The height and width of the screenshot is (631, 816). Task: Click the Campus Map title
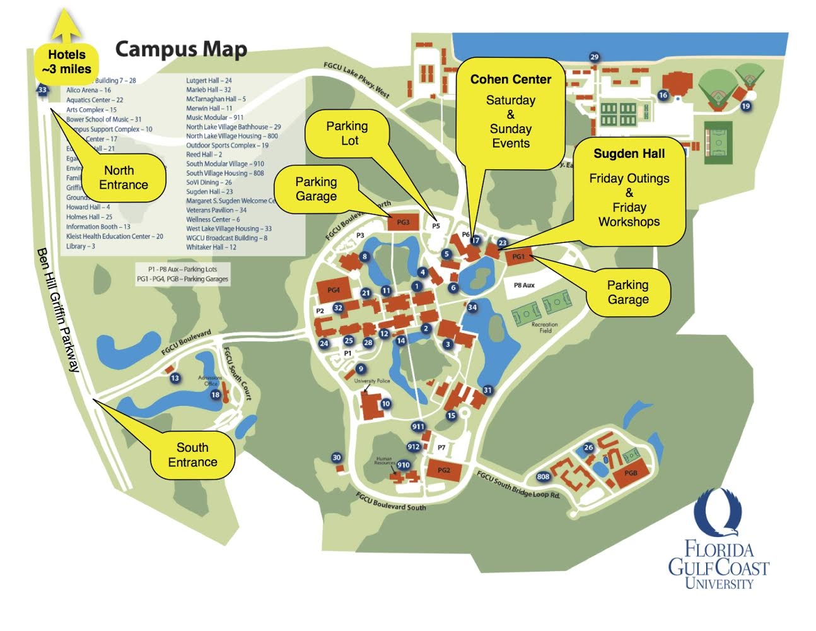(x=181, y=49)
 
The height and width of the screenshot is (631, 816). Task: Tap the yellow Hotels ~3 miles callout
(x=66, y=62)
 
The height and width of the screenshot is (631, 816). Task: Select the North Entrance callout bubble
(x=124, y=178)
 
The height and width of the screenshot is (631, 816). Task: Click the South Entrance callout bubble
(x=192, y=455)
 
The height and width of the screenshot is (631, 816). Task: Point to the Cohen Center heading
(x=510, y=80)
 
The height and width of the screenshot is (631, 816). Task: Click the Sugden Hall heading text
(x=629, y=154)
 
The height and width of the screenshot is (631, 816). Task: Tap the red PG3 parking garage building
(x=403, y=222)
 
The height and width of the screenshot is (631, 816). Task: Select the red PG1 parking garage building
(x=518, y=257)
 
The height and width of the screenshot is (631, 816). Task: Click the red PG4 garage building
(x=333, y=290)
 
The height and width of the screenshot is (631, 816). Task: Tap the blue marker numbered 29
(x=594, y=57)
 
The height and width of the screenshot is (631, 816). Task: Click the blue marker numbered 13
(x=175, y=378)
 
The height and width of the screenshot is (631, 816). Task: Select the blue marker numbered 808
(x=543, y=476)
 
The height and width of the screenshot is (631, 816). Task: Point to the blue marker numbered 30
(x=336, y=457)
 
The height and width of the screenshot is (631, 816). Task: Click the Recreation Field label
(x=545, y=327)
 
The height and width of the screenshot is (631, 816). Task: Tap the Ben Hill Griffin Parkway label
(x=58, y=309)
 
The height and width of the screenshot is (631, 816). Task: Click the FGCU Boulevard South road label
(x=390, y=502)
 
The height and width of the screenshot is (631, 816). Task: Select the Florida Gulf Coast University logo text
(x=718, y=565)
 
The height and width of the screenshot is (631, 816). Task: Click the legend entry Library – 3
(x=81, y=246)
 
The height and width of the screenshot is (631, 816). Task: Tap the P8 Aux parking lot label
(x=524, y=285)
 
